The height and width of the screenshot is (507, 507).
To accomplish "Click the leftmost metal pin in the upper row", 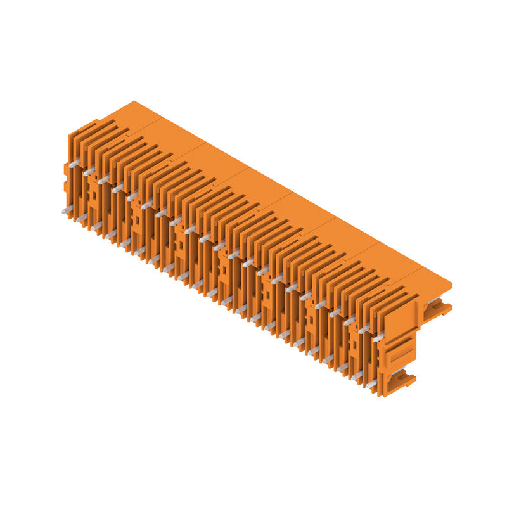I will coord(75,164).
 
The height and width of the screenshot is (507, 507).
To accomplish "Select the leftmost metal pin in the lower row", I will coord(66,211).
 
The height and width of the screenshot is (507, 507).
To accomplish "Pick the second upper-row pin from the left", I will coord(89,172).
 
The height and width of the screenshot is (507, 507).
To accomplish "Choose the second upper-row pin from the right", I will coord(364,330).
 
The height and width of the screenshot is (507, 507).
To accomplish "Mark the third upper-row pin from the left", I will coord(104,180).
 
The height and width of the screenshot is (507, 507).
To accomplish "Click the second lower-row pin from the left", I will coord(81,218).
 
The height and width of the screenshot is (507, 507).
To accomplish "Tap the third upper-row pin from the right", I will coord(349,321).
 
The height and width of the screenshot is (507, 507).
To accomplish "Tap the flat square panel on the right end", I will coord(400,320).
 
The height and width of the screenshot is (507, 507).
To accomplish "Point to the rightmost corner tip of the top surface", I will coord(452,283).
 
